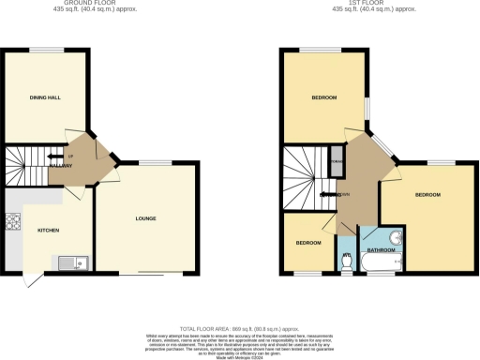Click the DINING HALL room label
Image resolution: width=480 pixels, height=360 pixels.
[x=44, y=123]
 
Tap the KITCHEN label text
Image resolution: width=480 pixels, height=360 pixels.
[x=49, y=230]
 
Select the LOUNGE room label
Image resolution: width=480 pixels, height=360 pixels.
[x=145, y=219]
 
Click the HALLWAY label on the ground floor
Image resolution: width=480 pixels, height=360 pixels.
[x=62, y=166]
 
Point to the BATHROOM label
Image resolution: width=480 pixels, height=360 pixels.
[x=380, y=251]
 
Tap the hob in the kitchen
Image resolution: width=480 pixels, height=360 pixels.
[x=13, y=222]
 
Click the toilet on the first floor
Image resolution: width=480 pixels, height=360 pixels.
[x=347, y=263]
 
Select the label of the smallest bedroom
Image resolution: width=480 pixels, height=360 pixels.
[x=307, y=243]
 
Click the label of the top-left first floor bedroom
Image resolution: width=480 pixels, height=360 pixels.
[x=324, y=97]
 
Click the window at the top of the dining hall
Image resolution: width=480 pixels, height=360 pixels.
[x=44, y=49]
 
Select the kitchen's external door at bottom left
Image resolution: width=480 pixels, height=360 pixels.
[x=32, y=280]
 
